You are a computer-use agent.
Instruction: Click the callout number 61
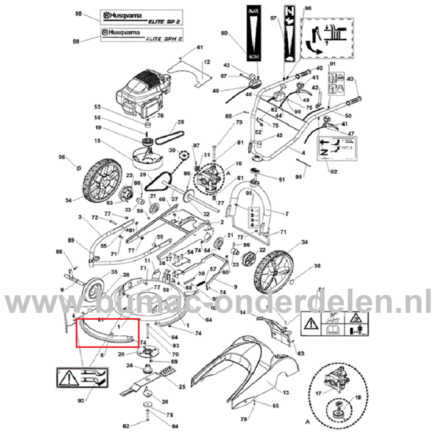(x=200, y=48)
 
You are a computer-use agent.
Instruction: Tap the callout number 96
(x=307, y=8)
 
